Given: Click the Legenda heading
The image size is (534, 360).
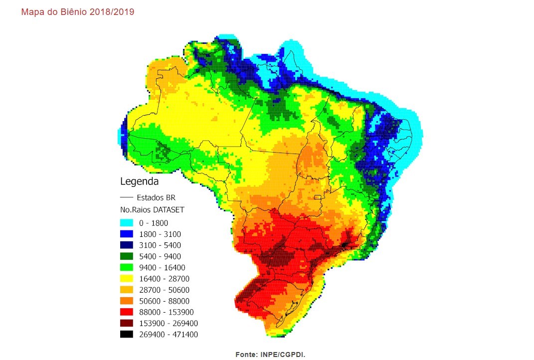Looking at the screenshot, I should [139, 181].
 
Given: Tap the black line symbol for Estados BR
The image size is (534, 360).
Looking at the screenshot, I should [127, 197].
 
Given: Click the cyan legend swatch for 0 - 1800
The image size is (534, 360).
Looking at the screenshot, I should [127, 223].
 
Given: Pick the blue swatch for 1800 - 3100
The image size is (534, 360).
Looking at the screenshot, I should [127, 234].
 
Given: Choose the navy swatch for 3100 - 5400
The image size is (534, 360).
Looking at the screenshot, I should [127, 245].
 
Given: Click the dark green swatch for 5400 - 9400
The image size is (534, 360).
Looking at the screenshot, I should [127, 256].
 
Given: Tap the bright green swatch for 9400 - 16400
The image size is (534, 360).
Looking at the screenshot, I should [127, 267].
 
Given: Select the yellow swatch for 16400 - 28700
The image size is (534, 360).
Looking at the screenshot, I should [127, 278].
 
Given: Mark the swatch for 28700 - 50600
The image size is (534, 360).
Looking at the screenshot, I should [127, 290].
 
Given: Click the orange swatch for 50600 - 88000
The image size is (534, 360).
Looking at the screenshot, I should [127, 301].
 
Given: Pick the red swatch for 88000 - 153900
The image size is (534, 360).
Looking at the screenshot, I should [127, 312].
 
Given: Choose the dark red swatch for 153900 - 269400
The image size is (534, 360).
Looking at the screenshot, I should [127, 323].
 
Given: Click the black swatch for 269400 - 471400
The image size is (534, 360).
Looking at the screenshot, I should [127, 334].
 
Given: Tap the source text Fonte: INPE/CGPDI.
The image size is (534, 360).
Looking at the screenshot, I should [270, 354].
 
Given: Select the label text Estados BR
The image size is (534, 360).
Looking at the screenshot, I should [156, 197].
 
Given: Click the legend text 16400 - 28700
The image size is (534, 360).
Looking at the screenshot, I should [164, 279].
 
